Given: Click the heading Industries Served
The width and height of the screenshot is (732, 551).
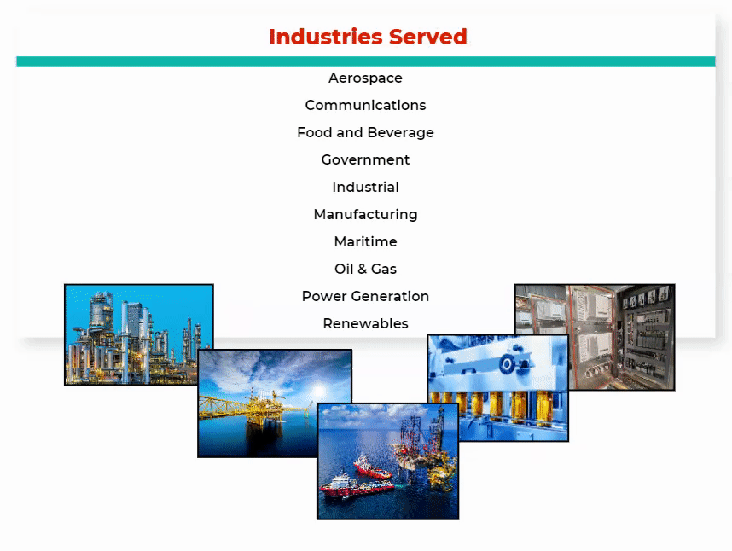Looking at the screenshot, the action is [x=368, y=37].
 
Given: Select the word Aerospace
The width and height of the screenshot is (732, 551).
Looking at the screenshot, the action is [x=365, y=78].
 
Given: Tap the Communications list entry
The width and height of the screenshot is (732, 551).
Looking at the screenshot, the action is [x=365, y=105].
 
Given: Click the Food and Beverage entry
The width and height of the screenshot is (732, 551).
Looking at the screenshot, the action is [x=365, y=132].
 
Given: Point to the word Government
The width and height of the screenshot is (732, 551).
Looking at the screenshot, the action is [x=365, y=159].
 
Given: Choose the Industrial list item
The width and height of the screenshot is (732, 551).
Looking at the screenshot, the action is [x=365, y=187].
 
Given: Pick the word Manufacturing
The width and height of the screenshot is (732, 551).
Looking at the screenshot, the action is [x=365, y=215].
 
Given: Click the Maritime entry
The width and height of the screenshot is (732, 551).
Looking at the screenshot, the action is [x=365, y=241].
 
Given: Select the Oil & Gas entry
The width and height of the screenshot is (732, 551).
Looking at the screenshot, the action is [x=365, y=269].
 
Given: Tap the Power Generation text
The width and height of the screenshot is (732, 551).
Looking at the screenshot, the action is [x=365, y=296].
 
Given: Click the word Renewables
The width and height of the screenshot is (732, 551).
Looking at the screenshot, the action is [x=365, y=323].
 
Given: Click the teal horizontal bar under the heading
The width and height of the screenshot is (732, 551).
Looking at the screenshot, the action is [x=365, y=61].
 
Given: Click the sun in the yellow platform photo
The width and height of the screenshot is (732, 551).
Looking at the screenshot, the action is [x=319, y=390].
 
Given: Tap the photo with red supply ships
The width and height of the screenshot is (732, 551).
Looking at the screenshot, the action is [x=388, y=461].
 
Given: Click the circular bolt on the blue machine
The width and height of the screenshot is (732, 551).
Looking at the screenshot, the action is [x=507, y=363].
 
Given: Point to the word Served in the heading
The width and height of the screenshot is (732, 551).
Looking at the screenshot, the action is [x=428, y=37].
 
